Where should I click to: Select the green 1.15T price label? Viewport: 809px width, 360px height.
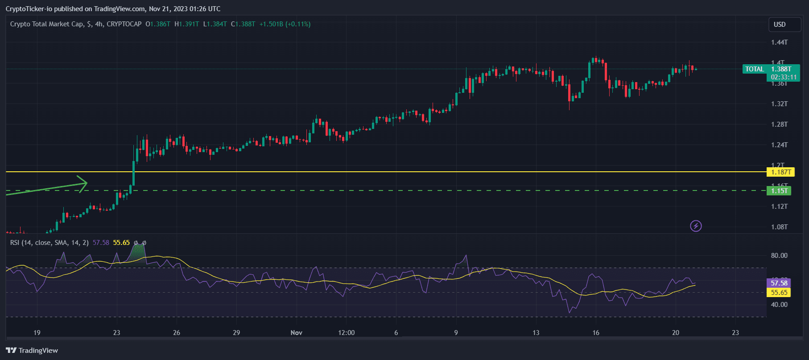pos(779,191)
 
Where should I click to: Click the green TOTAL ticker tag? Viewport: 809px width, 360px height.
pos(754,69)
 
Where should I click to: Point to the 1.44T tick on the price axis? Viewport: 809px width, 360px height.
pos(779,42)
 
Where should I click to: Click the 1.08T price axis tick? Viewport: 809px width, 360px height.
pos(779,227)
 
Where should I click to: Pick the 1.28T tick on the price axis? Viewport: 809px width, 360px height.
pos(779,124)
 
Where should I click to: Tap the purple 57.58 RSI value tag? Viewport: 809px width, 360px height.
pos(779,283)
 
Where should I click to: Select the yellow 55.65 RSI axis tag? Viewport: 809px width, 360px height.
pos(779,293)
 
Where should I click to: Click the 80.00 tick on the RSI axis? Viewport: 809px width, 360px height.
pos(779,256)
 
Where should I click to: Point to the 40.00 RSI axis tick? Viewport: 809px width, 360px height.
pos(779,305)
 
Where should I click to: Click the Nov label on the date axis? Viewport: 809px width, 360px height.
pos(296,333)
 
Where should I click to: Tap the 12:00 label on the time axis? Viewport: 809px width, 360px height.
pos(346,333)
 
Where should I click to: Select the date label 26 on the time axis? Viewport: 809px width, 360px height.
pos(177,333)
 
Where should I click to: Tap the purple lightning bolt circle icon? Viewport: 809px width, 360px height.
pos(696,226)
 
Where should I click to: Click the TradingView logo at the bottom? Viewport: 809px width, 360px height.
pos(32,351)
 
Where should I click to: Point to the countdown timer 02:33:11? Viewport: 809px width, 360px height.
pos(784,77)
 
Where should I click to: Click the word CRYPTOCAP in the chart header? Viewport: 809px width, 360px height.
pos(124,24)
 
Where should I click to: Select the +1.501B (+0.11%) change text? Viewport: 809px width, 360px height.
pos(285,24)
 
